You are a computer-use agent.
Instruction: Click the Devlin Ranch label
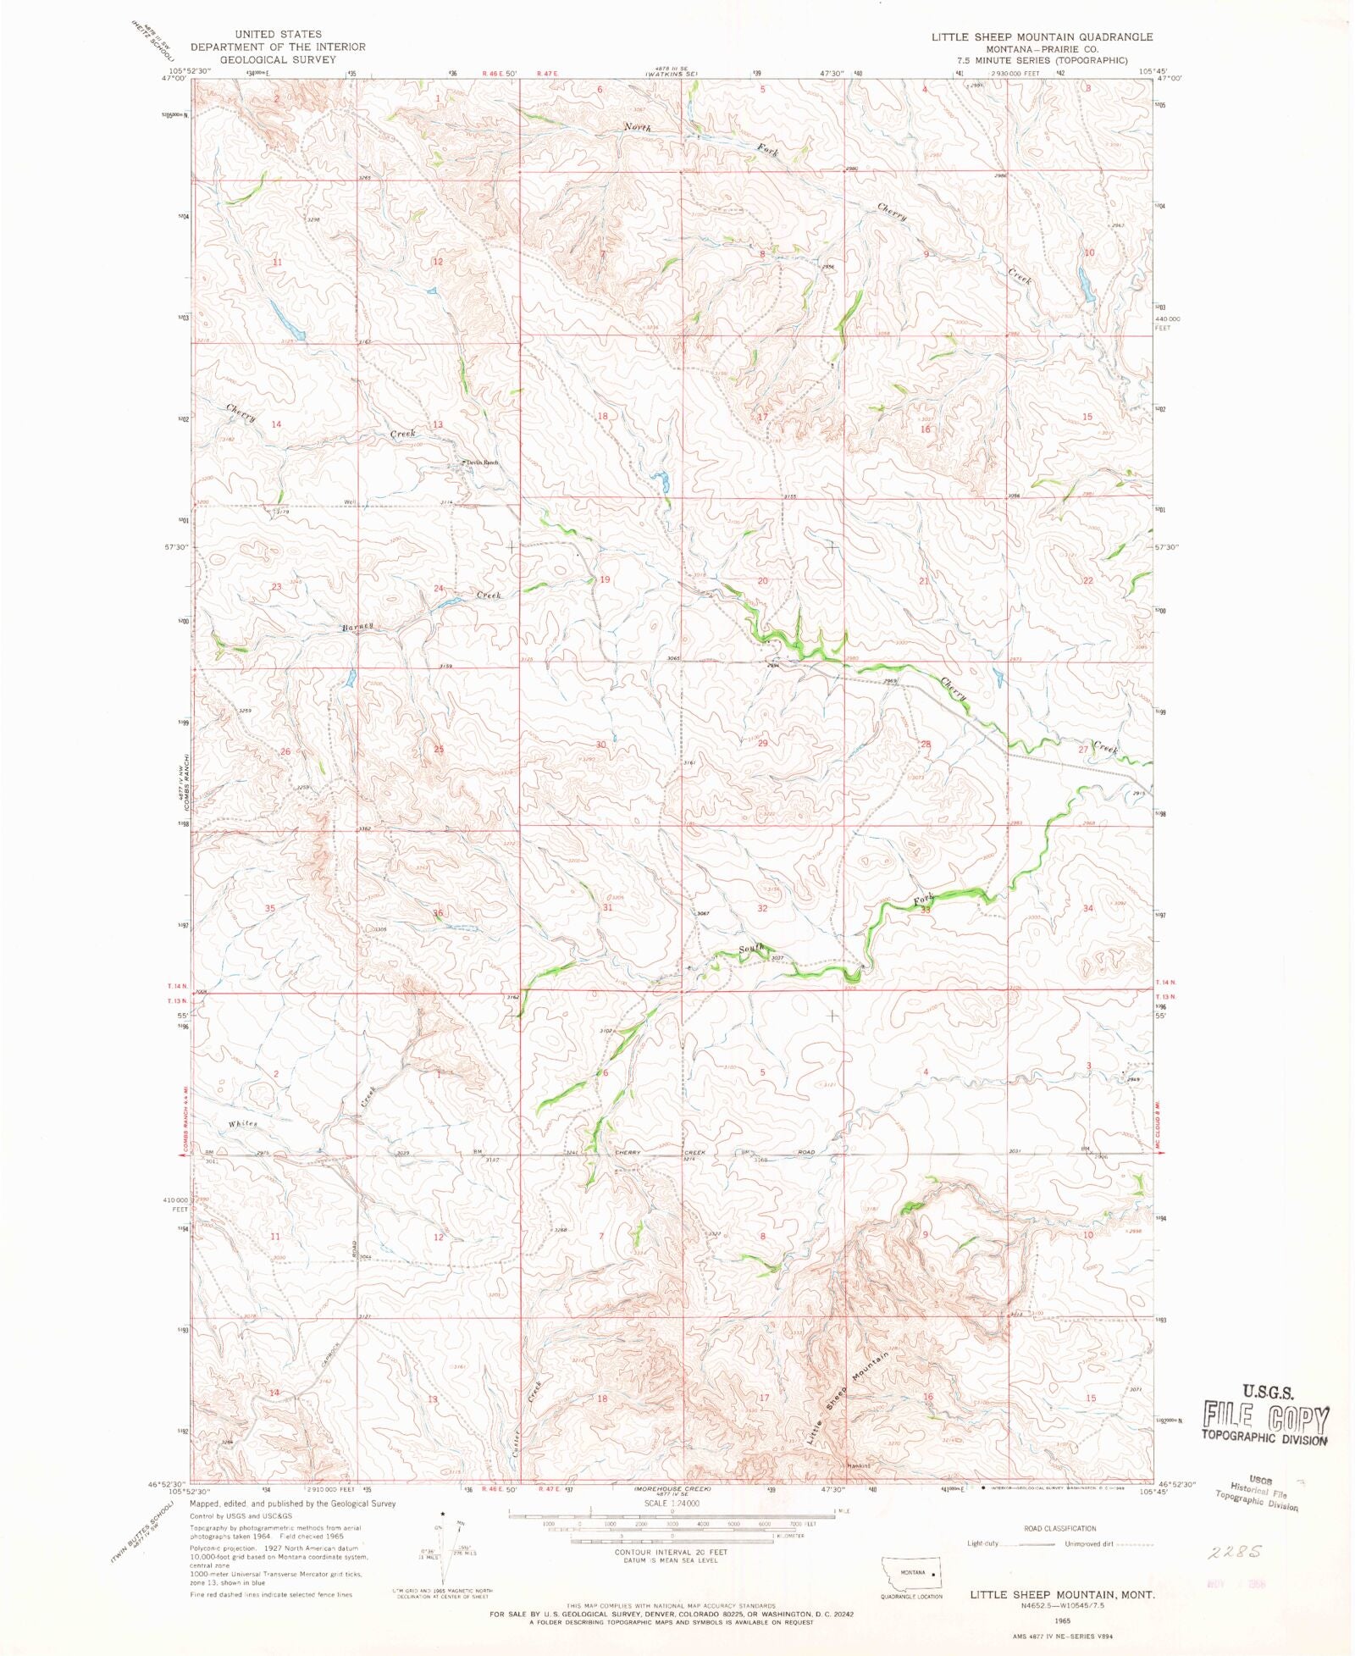(x=480, y=462)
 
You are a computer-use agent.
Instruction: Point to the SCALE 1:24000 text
(x=672, y=1504)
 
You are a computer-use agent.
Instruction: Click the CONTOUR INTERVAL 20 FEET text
(x=671, y=1553)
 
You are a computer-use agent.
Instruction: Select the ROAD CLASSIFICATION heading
(x=1059, y=1529)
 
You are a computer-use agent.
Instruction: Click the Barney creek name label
(x=357, y=627)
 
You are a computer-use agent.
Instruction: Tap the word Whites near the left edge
(x=242, y=1124)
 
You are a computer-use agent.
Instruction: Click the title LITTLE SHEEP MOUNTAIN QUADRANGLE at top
(x=1042, y=37)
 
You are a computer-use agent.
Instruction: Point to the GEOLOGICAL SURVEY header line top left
(x=278, y=59)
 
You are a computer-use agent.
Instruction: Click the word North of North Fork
(x=638, y=127)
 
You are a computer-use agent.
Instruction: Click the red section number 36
(x=438, y=913)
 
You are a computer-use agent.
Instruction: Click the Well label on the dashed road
(x=349, y=502)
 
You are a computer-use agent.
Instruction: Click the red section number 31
(x=607, y=907)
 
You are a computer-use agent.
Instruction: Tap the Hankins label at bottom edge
(x=859, y=1465)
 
